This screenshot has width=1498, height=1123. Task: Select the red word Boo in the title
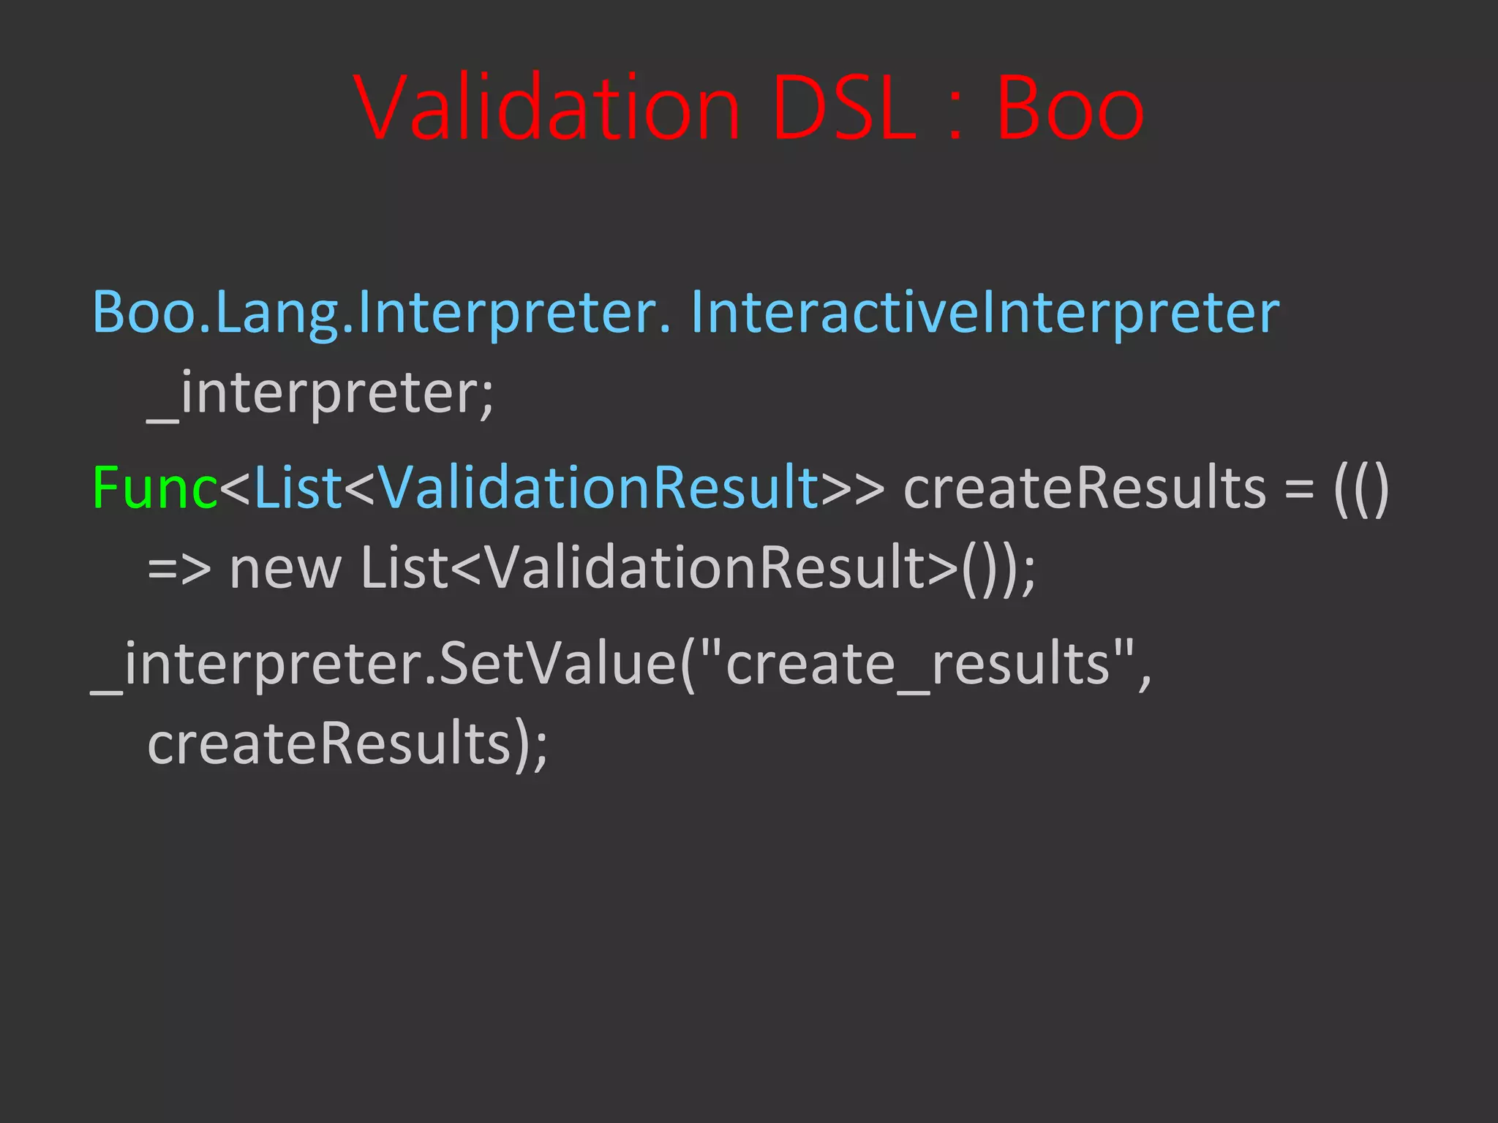tap(1069, 108)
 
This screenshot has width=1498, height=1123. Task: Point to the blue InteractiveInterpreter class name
tap(985, 313)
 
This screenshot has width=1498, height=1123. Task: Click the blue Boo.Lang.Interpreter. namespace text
tap(381, 313)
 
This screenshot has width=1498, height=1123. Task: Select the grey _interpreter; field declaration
tap(320, 393)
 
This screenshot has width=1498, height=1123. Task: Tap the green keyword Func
tap(154, 487)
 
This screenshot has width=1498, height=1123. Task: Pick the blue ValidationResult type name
tap(598, 487)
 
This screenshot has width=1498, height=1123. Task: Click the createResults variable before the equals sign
tap(1084, 487)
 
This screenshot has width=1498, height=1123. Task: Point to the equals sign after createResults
tap(1298, 488)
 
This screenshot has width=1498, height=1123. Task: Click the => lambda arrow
tap(178, 569)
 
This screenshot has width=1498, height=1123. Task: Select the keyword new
tap(285, 569)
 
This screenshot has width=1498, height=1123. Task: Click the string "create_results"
tap(917, 664)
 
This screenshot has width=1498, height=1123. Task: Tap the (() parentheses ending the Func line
tap(1360, 488)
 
